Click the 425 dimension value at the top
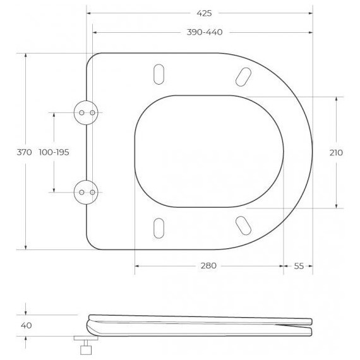pyautogui.click(x=204, y=13)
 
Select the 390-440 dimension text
pyautogui.click(x=205, y=32)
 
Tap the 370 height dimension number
pyautogui.click(x=25, y=152)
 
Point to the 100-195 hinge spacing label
pyautogui.click(x=54, y=152)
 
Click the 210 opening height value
pyautogui.click(x=336, y=153)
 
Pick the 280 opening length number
pyautogui.click(x=208, y=266)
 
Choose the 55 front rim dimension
pyautogui.click(x=299, y=266)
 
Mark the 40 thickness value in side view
pyautogui.click(x=26, y=325)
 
